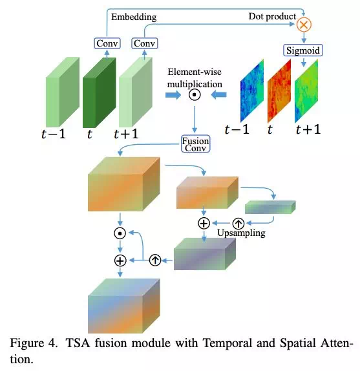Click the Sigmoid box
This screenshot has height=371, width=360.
tap(303, 50)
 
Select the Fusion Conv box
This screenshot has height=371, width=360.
tap(195, 143)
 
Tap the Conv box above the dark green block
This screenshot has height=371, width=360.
tap(107, 43)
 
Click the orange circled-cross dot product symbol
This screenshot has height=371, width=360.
tap(304, 25)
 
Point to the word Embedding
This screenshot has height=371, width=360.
tap(134, 17)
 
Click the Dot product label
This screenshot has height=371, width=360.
tap(272, 16)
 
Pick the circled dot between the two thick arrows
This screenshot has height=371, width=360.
tap(195, 95)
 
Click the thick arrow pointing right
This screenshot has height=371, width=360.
tap(173, 95)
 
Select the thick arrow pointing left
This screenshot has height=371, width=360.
tap(218, 95)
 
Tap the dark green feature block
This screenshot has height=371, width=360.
tap(100, 92)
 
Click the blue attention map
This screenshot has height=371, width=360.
tap(252, 90)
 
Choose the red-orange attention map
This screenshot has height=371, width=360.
tap(279, 91)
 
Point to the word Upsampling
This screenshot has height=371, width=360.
tap(241, 233)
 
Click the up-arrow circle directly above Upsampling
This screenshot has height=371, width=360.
tap(238, 223)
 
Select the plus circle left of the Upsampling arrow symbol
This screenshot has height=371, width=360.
tap(204, 223)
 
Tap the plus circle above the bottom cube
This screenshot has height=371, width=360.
tap(120, 260)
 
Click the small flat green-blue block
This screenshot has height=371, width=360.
tap(270, 207)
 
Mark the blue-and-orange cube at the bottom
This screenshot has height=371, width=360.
tap(124, 306)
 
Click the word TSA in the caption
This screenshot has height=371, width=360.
tap(78, 343)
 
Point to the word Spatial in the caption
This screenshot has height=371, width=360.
tap(297, 344)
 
